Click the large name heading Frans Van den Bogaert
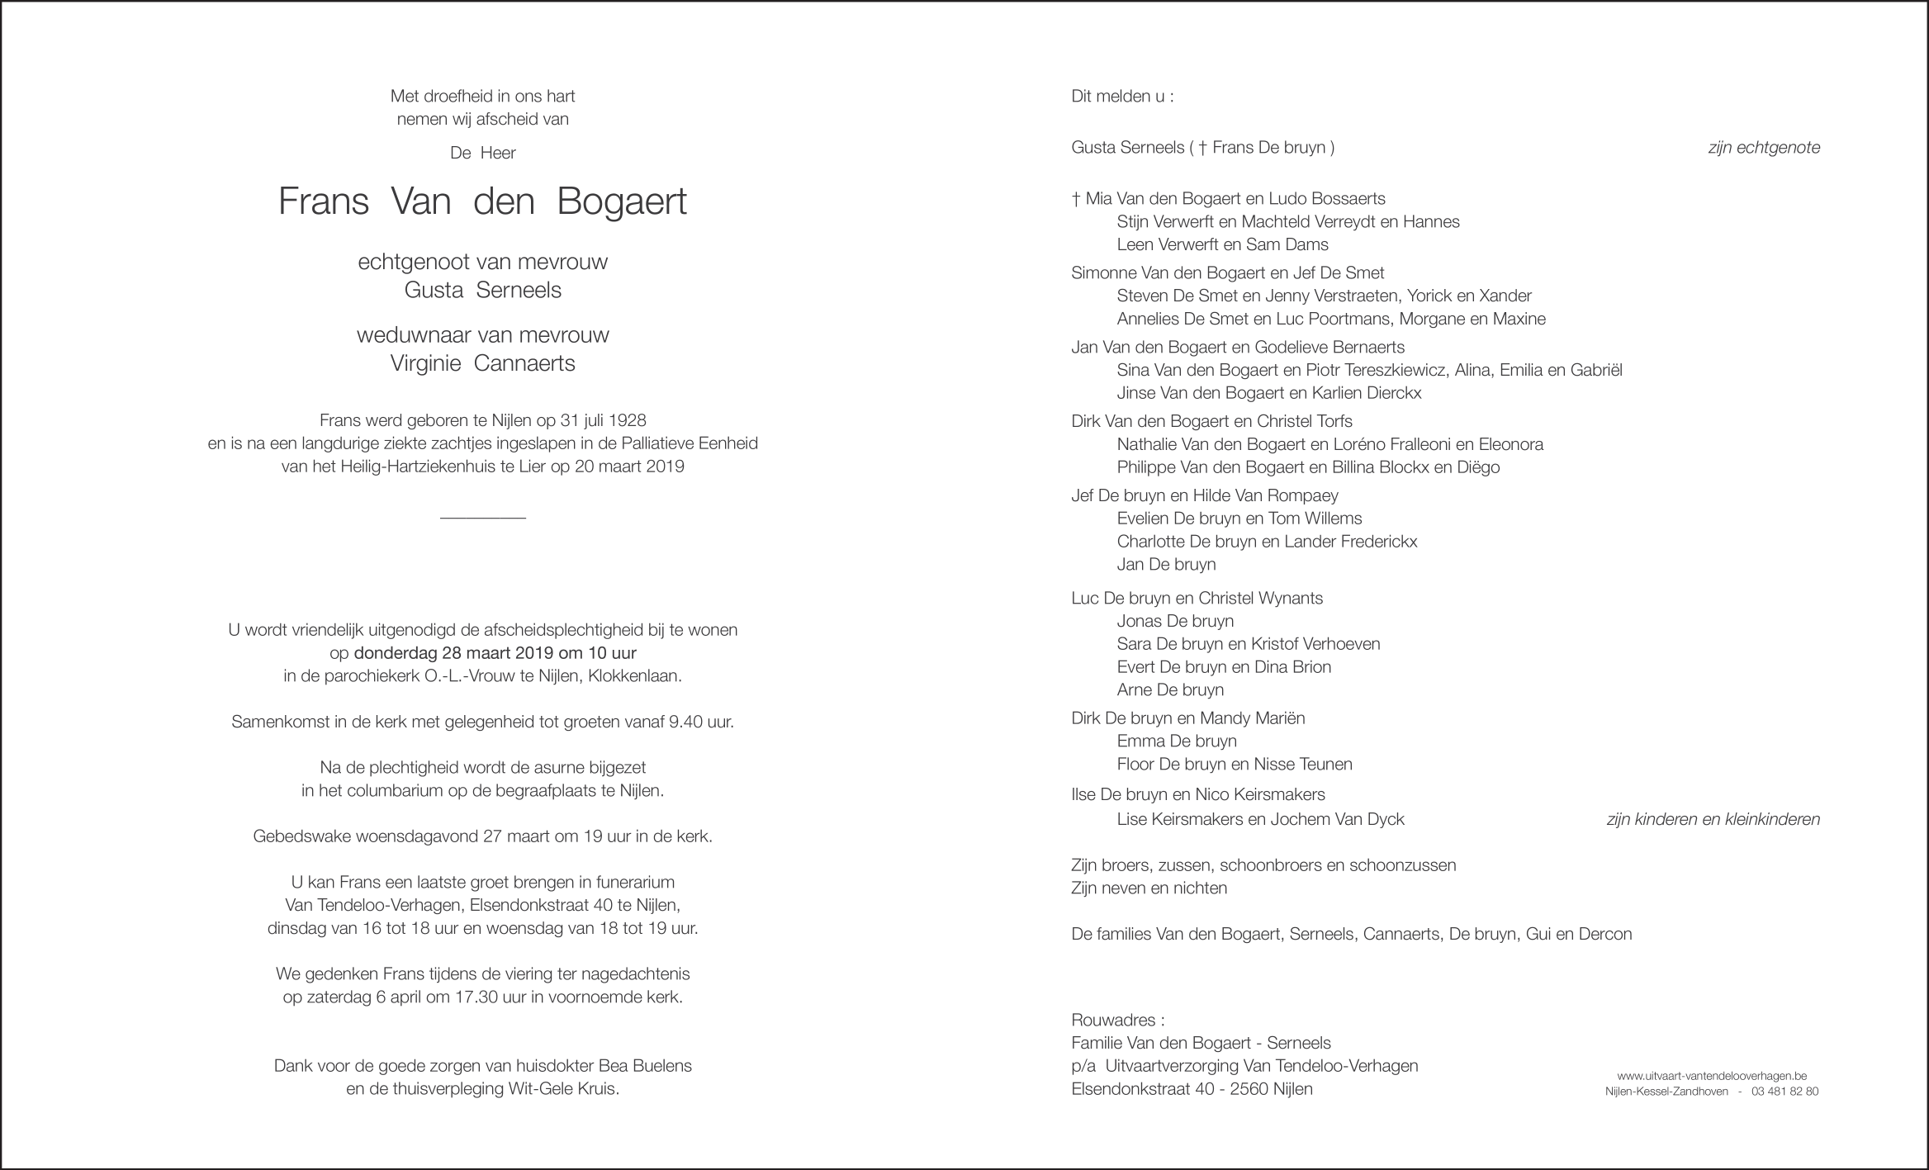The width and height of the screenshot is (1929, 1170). click(x=482, y=202)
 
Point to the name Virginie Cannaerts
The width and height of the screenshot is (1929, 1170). click(x=482, y=363)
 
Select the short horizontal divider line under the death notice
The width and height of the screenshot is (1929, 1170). click(x=482, y=518)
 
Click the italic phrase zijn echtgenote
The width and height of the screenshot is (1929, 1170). click(x=1764, y=148)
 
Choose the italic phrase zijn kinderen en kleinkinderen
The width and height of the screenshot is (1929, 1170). click(x=1713, y=819)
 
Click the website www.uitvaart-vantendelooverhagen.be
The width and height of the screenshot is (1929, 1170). click(x=1712, y=1076)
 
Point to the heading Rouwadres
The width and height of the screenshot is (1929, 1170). click(x=1116, y=1020)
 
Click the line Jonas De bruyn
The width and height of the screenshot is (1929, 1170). click(x=1175, y=621)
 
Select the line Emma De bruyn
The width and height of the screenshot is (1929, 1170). click(x=1176, y=741)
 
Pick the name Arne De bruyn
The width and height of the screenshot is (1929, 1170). click(x=1170, y=689)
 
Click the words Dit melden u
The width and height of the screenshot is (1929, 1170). click(x=1121, y=97)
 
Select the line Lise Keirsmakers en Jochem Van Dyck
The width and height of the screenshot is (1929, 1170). click(x=1260, y=819)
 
